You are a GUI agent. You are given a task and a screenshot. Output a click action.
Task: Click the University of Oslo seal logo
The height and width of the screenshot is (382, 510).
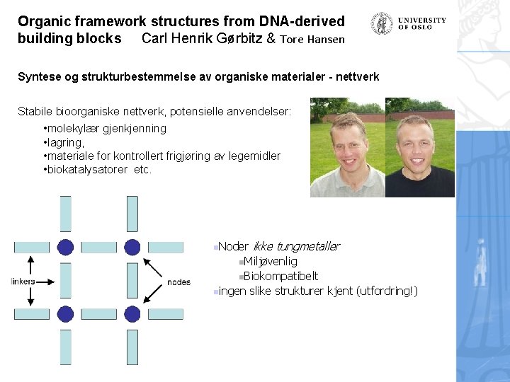[x=382, y=23]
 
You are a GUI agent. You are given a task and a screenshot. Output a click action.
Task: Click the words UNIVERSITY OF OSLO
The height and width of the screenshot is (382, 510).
[x=422, y=23]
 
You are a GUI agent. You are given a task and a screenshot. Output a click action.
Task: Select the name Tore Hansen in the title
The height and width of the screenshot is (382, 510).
[x=312, y=39]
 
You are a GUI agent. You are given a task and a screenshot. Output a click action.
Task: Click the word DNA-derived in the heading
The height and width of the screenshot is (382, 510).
[x=299, y=22]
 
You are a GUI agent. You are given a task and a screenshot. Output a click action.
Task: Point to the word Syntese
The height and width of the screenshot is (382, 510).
[x=40, y=76]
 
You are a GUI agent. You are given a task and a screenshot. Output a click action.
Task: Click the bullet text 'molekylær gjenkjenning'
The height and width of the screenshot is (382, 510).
[x=106, y=129]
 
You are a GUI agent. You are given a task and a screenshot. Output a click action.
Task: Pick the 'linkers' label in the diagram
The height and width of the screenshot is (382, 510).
[x=23, y=282]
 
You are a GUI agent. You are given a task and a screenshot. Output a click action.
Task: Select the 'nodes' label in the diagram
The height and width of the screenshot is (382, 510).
[x=178, y=282]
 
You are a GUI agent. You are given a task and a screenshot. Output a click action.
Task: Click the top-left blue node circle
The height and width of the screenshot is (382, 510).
[x=66, y=247]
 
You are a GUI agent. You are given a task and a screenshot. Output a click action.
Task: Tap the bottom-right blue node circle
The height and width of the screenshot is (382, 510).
[x=132, y=313]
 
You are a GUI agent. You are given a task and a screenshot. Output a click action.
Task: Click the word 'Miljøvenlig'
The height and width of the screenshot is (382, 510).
[x=271, y=262]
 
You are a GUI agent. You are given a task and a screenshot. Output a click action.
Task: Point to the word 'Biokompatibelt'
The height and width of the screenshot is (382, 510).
[x=280, y=276]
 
